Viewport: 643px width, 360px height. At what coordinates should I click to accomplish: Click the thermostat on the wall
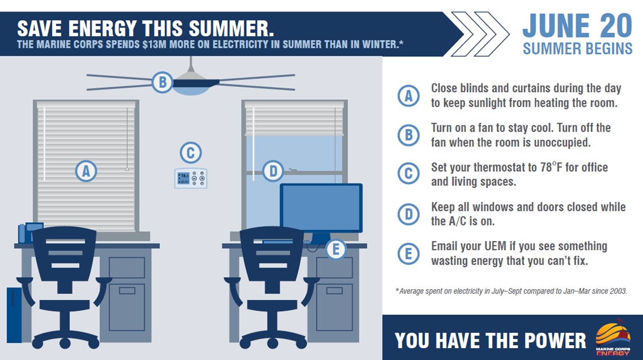click(191, 178)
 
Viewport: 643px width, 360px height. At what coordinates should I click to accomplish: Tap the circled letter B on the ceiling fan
click(162, 82)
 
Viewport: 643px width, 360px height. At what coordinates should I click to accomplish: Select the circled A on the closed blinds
click(86, 171)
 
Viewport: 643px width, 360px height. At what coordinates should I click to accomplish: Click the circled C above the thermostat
click(191, 153)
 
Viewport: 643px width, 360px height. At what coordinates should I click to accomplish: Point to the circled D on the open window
click(273, 171)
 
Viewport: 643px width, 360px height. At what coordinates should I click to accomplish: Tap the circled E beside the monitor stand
click(336, 249)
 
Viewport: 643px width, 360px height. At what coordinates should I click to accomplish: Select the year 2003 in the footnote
click(618, 291)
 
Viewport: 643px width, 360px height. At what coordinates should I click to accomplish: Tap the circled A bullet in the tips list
click(408, 96)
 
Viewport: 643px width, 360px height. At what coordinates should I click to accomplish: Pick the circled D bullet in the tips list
click(408, 214)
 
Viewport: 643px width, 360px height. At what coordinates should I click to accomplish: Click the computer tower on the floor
click(14, 315)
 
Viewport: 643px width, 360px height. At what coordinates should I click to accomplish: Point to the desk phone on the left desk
click(31, 232)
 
